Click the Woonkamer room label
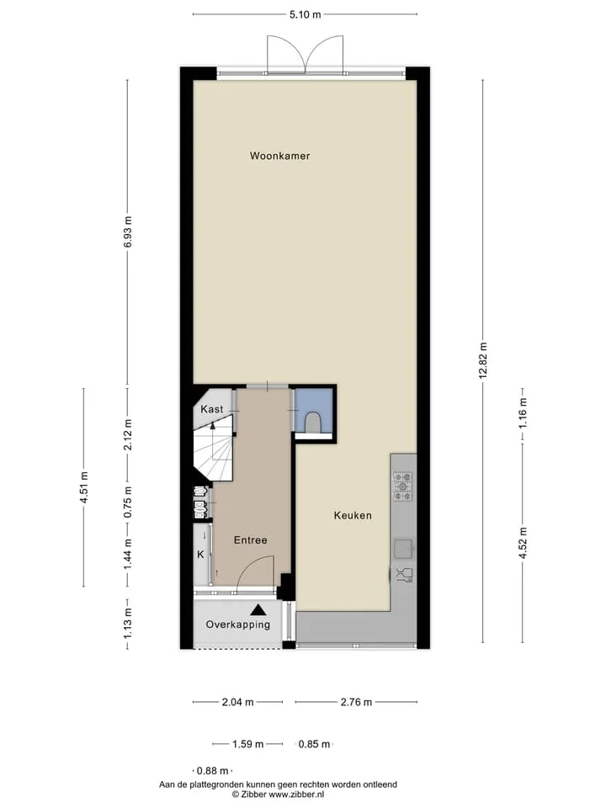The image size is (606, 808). coord(279,156)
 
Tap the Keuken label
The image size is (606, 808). coord(353,515)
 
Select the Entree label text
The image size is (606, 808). coord(251,540)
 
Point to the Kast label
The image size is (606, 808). coord(212,409)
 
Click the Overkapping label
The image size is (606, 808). coord(237,625)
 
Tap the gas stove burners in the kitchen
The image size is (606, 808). coord(402,486)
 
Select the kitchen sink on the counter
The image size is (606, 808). coord(403,549)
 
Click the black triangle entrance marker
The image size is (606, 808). coord(258,610)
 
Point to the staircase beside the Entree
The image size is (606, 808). coord(213,449)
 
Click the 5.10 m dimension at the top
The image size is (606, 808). coord(305,14)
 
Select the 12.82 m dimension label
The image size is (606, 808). coord(483,360)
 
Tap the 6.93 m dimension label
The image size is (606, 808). coord(128,232)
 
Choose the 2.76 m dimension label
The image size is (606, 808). coord(356,702)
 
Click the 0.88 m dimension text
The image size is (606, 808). coord(212,771)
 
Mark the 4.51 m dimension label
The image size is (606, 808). coord(84,487)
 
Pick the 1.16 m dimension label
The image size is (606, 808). coord(523,412)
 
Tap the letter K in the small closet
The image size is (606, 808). coord(201,555)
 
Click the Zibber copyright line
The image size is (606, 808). coord(279,795)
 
